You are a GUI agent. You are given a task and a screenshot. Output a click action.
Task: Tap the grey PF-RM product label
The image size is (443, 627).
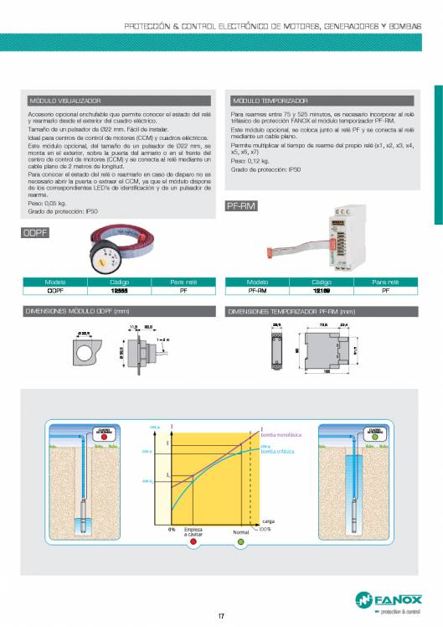240,205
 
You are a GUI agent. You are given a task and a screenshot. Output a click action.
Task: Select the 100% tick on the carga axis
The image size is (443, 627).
265,530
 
